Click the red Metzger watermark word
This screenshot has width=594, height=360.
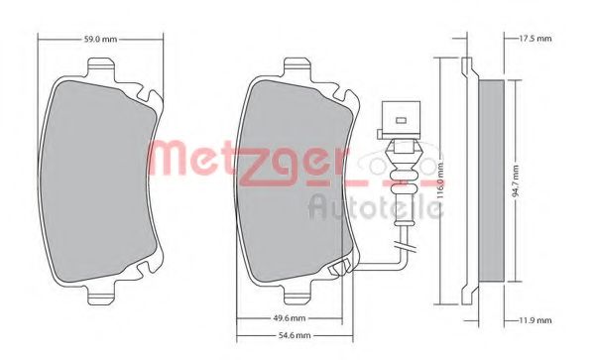pos(253,158)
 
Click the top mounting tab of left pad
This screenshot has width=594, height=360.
pos(101,68)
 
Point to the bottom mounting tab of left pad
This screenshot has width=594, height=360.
pos(101,295)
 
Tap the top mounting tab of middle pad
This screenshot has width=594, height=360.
pos(296,68)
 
